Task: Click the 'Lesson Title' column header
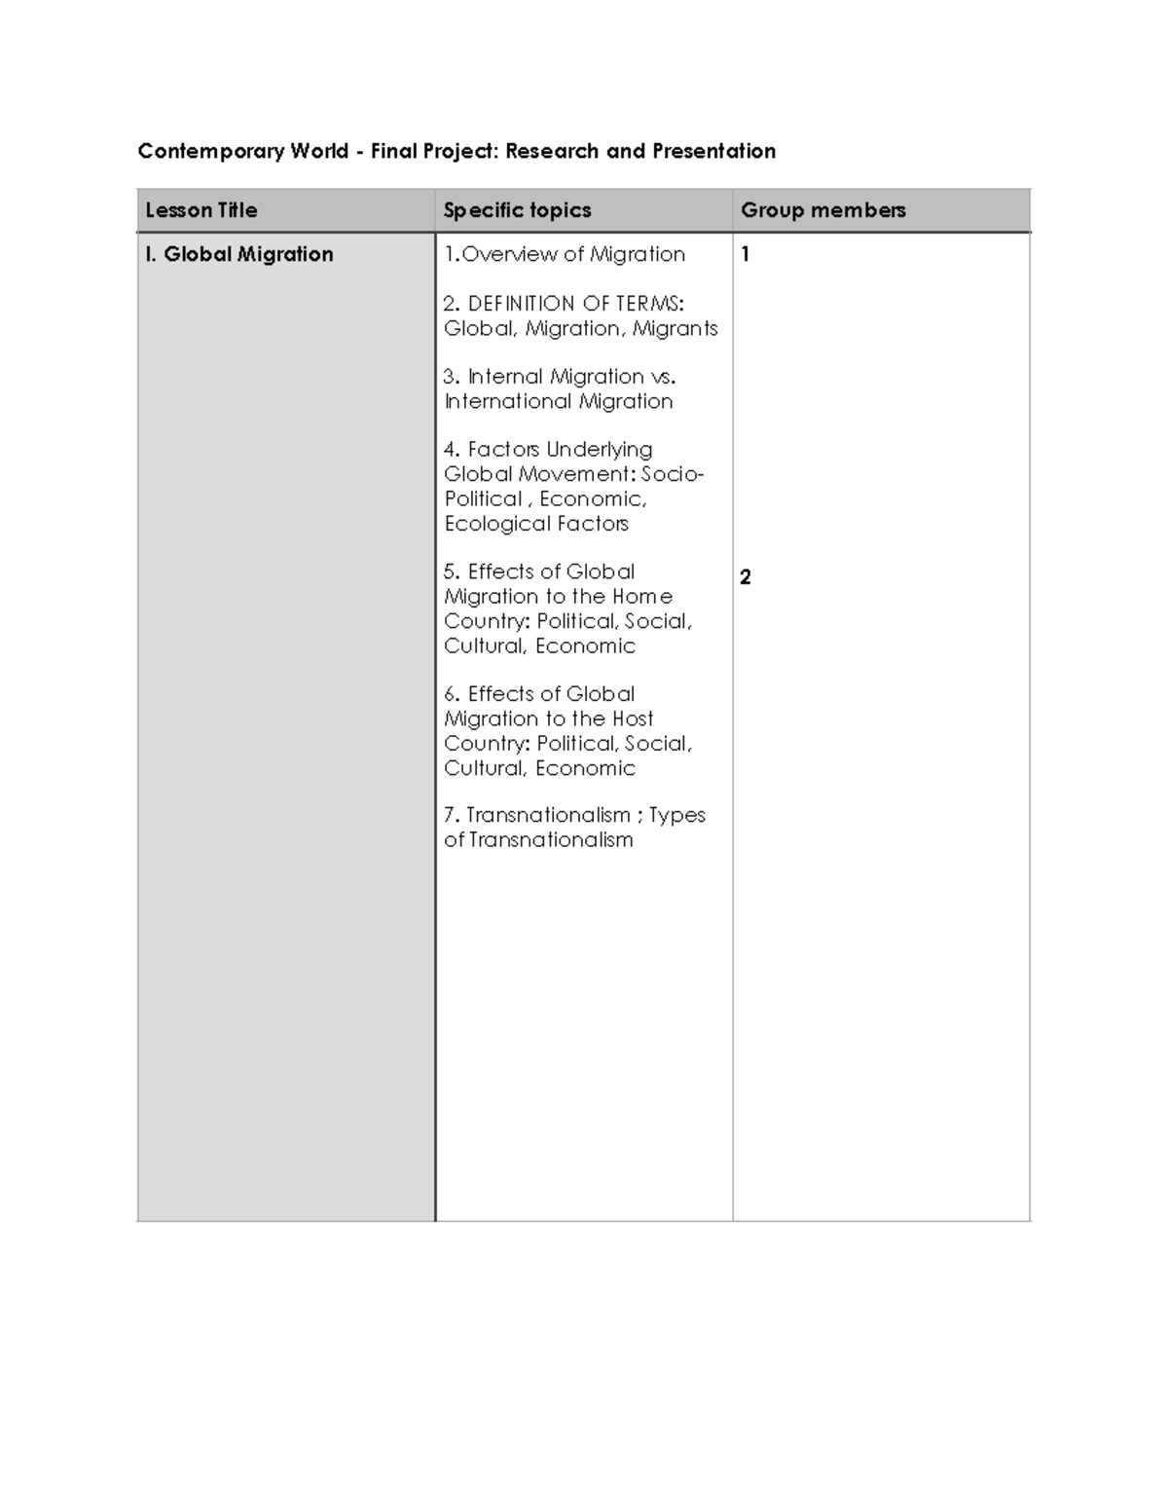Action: click(201, 210)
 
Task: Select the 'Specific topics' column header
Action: click(517, 210)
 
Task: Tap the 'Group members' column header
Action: click(822, 210)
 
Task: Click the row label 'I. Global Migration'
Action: click(239, 254)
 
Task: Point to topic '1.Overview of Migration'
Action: click(565, 254)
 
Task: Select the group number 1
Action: click(746, 255)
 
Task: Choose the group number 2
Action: click(746, 577)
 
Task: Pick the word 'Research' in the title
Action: click(551, 151)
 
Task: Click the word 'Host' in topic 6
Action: click(633, 719)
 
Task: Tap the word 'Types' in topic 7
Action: click(677, 815)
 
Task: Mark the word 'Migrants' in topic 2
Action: click(675, 329)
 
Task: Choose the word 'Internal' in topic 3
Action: click(506, 377)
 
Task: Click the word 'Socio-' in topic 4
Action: click(673, 474)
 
